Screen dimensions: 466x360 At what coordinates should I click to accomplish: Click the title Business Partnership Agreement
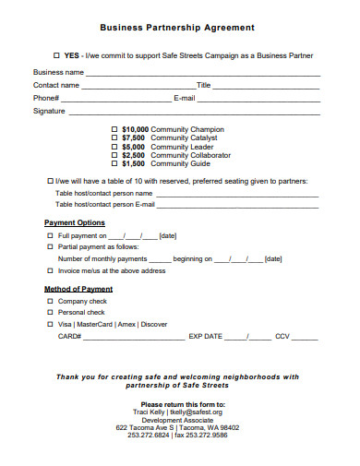[176, 29]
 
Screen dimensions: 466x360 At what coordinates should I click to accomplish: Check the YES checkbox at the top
[57, 55]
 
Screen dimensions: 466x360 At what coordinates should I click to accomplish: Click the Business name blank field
[203, 72]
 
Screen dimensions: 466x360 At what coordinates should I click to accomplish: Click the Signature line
[194, 112]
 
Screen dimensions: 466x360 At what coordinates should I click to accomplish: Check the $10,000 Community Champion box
[114, 129]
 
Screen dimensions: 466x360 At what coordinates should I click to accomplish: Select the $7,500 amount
[134, 137]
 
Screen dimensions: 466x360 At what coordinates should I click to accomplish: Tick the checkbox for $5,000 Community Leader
[114, 147]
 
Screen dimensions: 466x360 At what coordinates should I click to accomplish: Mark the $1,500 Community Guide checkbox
[114, 163]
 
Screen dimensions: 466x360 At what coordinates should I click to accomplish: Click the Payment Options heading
[75, 223]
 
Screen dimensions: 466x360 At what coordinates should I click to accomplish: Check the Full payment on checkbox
[50, 236]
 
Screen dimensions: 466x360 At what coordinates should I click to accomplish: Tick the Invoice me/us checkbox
[50, 271]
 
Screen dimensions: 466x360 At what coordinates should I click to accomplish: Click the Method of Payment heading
[78, 289]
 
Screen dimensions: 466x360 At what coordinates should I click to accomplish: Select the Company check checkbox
[50, 302]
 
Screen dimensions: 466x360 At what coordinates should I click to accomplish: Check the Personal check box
[50, 313]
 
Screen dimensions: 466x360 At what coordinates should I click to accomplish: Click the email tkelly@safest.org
[198, 412]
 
